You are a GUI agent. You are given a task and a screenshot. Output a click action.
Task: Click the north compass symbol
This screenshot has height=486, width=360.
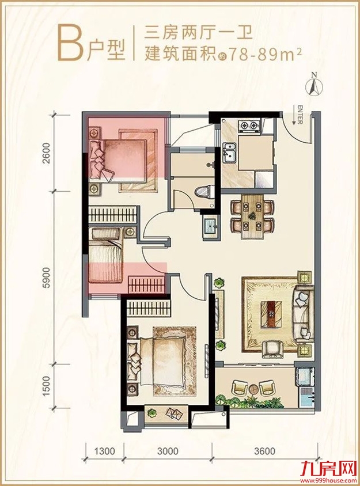click(314, 84)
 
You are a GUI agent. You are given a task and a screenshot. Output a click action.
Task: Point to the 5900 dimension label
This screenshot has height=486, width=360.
click(47, 278)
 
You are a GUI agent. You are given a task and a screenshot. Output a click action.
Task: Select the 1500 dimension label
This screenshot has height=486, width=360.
click(47, 386)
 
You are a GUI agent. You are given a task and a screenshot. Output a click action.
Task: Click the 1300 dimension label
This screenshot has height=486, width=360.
click(104, 451)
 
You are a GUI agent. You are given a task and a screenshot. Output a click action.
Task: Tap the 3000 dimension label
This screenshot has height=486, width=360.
click(168, 451)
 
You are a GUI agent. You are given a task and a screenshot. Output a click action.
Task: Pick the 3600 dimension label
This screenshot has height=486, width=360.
click(264, 451)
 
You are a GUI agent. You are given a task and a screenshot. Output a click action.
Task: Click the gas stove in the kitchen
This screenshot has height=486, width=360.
click(249, 126)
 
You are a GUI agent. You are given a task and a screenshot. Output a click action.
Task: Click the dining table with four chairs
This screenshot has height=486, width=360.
click(253, 216)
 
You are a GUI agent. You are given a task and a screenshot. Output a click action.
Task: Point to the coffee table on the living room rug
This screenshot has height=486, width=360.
click(272, 314)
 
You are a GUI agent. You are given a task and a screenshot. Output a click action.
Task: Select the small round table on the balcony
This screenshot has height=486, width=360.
click(253, 389)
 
